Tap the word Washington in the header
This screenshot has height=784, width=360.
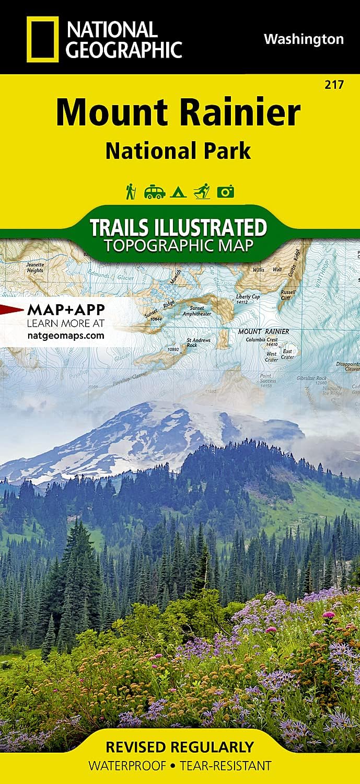click(x=304, y=39)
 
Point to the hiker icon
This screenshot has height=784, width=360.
click(x=130, y=191)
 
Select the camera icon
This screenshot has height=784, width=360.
click(x=226, y=192)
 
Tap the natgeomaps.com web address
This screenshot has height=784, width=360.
click(x=65, y=336)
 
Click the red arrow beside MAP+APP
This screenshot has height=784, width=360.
click(x=10, y=308)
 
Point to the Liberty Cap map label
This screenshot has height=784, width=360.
click(x=248, y=299)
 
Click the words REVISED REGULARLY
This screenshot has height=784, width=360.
click(x=180, y=746)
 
